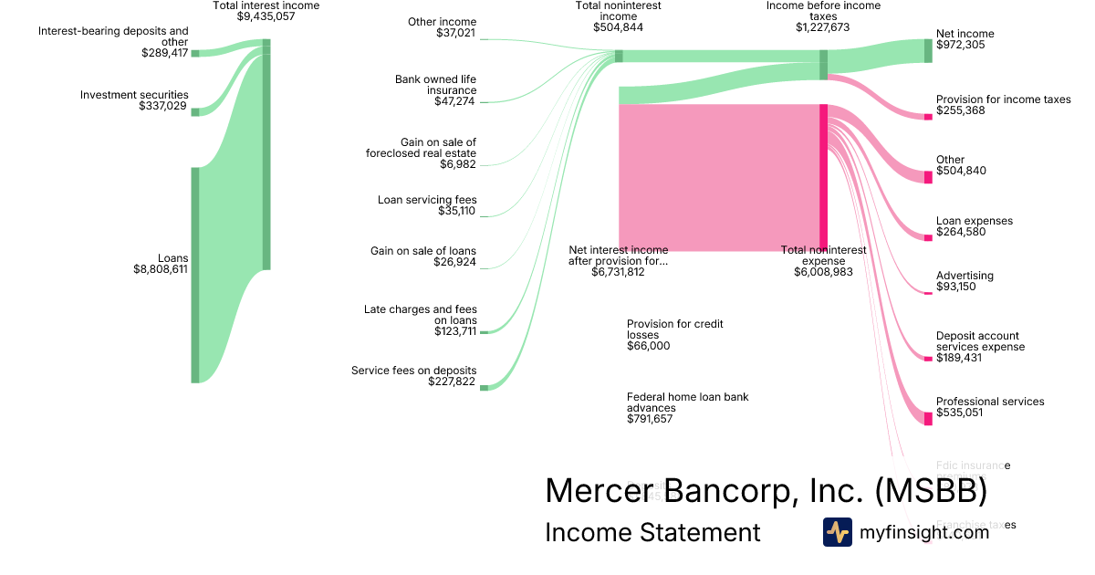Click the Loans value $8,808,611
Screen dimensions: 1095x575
tap(161, 270)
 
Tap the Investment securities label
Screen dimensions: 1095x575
tap(134, 95)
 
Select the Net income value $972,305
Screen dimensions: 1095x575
tap(961, 45)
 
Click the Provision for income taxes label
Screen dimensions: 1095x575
tap(1003, 99)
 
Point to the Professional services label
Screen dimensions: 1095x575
tap(990, 402)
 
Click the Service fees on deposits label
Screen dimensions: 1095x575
tap(413, 371)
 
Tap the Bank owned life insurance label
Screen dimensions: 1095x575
tap(435, 85)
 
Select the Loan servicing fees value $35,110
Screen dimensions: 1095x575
tap(453, 211)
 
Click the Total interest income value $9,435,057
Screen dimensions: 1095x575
tap(266, 16)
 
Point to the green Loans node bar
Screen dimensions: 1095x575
tap(194, 275)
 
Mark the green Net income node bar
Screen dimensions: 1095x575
tap(928, 51)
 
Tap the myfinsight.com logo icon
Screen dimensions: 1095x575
tap(837, 532)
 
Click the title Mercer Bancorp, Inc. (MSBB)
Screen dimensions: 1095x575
tap(766, 491)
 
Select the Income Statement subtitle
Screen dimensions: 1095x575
tap(652, 532)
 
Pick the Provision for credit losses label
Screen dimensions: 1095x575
tap(674, 329)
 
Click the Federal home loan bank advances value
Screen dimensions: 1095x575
tap(650, 419)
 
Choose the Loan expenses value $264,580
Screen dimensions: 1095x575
tap(961, 232)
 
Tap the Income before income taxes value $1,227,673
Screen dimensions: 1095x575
tap(822, 27)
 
